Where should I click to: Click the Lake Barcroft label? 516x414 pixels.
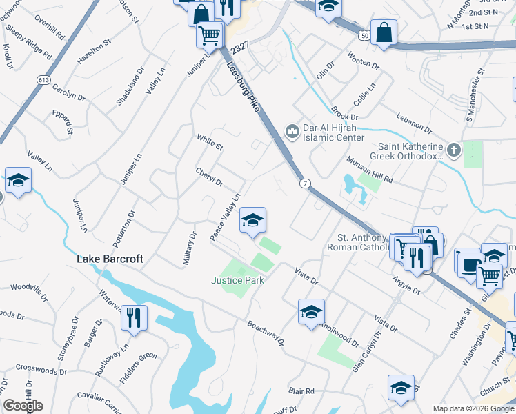click(x=110, y=259)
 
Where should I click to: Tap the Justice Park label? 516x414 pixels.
click(x=238, y=280)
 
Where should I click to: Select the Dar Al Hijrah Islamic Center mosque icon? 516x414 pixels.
click(x=292, y=130)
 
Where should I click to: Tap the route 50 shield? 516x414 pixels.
click(x=364, y=34)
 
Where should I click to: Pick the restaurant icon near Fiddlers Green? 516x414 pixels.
click(x=134, y=317)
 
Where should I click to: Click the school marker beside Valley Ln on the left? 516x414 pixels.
click(x=19, y=181)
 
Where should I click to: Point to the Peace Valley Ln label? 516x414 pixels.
click(x=226, y=217)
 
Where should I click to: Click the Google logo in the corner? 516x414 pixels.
click(x=23, y=406)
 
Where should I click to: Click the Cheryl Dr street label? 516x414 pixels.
click(x=210, y=177)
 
